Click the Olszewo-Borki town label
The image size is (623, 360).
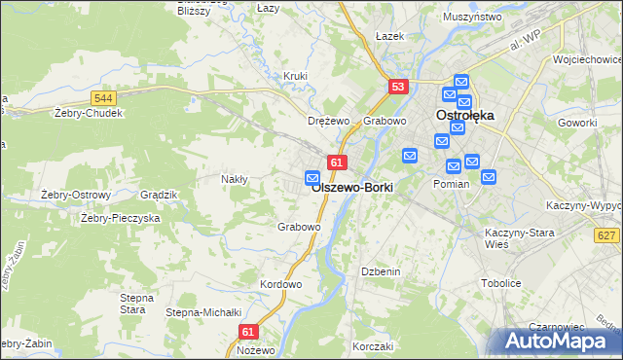click(x=352, y=189)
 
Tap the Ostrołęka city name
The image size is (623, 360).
click(x=464, y=115)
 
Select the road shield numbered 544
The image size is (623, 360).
click(x=104, y=98)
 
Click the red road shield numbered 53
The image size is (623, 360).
click(x=397, y=87)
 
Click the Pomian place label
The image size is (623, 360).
click(x=452, y=184)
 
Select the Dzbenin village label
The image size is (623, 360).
click(x=381, y=271)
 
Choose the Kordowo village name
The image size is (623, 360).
click(x=281, y=284)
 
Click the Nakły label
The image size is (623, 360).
click(x=235, y=179)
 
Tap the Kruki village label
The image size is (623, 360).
click(x=295, y=76)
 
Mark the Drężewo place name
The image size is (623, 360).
click(x=328, y=122)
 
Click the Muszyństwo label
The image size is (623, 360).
click(x=471, y=18)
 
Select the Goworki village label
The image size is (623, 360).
click(x=576, y=123)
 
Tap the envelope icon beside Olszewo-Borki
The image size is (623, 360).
click(x=312, y=177)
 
